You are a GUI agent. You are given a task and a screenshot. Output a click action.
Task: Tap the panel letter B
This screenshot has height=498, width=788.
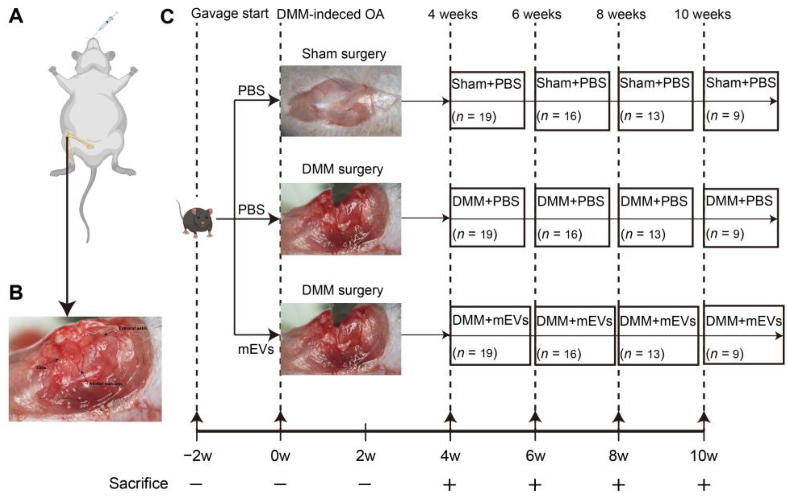(x=16, y=293)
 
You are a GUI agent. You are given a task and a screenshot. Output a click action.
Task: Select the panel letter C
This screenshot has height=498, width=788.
(x=167, y=16)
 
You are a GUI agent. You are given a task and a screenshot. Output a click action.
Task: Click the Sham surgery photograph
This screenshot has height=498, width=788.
(x=341, y=101)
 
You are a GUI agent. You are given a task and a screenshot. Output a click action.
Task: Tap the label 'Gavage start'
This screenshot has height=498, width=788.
(x=230, y=14)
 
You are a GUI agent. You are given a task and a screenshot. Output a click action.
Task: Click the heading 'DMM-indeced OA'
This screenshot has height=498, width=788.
(x=331, y=14)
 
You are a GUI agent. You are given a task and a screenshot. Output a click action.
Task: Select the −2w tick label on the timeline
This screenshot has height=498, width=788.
(x=197, y=456)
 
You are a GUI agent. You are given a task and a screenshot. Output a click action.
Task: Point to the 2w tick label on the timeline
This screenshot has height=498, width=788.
(x=366, y=456)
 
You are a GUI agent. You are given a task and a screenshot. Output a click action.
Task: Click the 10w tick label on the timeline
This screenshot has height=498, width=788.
(x=704, y=456)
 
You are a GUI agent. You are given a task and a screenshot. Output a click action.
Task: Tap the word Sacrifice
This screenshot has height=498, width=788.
(x=138, y=483)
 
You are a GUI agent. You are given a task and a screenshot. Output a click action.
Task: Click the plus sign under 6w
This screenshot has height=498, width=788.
(x=535, y=485)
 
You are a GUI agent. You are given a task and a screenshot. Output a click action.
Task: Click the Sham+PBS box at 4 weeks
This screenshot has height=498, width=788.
(x=487, y=100)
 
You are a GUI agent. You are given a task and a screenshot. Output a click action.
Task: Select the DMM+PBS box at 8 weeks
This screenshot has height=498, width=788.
(x=655, y=217)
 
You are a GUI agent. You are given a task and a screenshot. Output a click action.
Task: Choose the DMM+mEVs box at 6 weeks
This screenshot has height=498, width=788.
(x=575, y=336)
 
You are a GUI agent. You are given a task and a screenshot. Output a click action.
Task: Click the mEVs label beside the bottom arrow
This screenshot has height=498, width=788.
(x=256, y=350)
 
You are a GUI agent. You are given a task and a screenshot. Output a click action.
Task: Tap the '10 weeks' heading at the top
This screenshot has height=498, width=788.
(x=703, y=14)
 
